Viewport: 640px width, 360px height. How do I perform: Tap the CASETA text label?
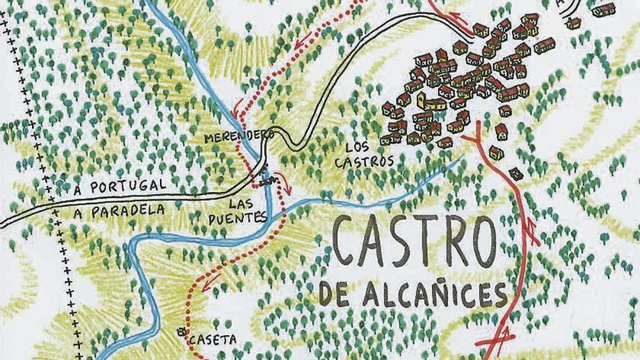tap(212, 340)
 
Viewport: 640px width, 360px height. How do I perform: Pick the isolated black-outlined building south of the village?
tap(516, 174)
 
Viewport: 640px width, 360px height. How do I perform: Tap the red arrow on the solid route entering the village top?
tap(458, 17)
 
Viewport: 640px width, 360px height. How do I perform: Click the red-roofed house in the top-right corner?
tap(603, 10)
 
